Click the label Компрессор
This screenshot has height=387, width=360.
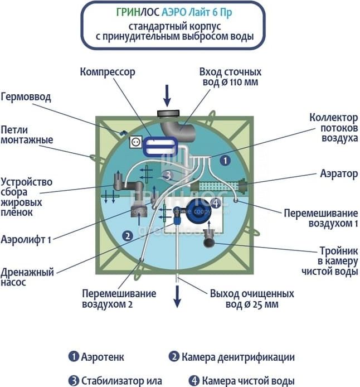coord(108,72)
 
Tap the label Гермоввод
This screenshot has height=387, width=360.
coord(26,97)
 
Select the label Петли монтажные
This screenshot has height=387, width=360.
coord(27,134)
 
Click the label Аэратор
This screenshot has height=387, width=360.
coord(339,174)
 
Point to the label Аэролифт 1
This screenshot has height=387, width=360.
coord(26,240)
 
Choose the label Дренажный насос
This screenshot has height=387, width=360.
coord(27,278)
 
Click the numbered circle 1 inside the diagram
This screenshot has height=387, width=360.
coord(224,160)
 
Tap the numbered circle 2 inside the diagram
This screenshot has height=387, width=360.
coord(128,236)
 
